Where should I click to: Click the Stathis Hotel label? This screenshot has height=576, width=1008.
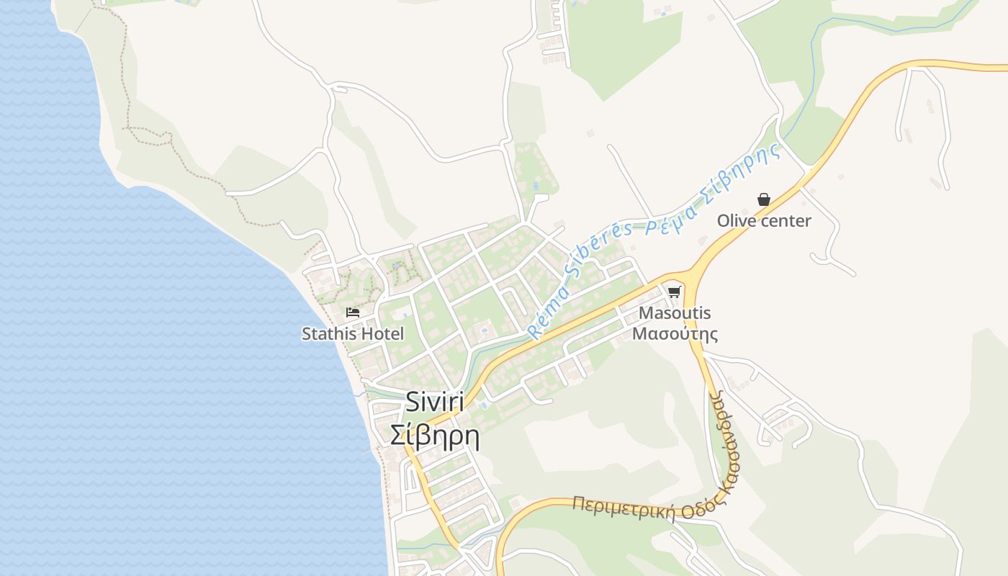[353, 334]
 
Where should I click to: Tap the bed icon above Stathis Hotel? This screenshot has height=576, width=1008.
[353, 312]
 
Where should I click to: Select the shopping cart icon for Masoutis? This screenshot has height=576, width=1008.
[674, 292]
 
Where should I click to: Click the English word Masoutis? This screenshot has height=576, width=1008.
[675, 313]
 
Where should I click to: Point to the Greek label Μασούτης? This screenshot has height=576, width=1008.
[675, 334]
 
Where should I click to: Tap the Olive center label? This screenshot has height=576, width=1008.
[764, 221]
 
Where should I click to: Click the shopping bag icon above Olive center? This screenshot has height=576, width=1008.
[764, 199]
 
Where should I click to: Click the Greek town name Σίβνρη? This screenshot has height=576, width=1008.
[434, 436]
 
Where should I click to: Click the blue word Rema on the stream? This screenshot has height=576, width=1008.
[545, 317]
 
